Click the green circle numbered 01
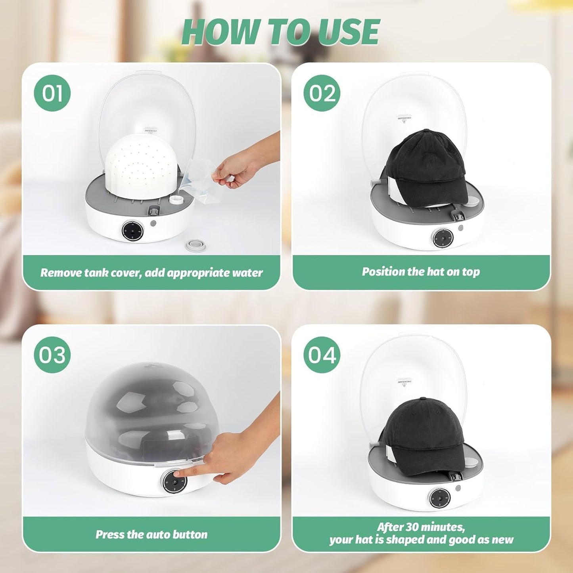pos(52,93)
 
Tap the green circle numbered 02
pos(322,93)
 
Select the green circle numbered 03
pos(52,355)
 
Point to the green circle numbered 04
pos(322,355)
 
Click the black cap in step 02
pos(426,167)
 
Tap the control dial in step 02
pos(441,238)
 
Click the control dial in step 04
pos(439,497)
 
